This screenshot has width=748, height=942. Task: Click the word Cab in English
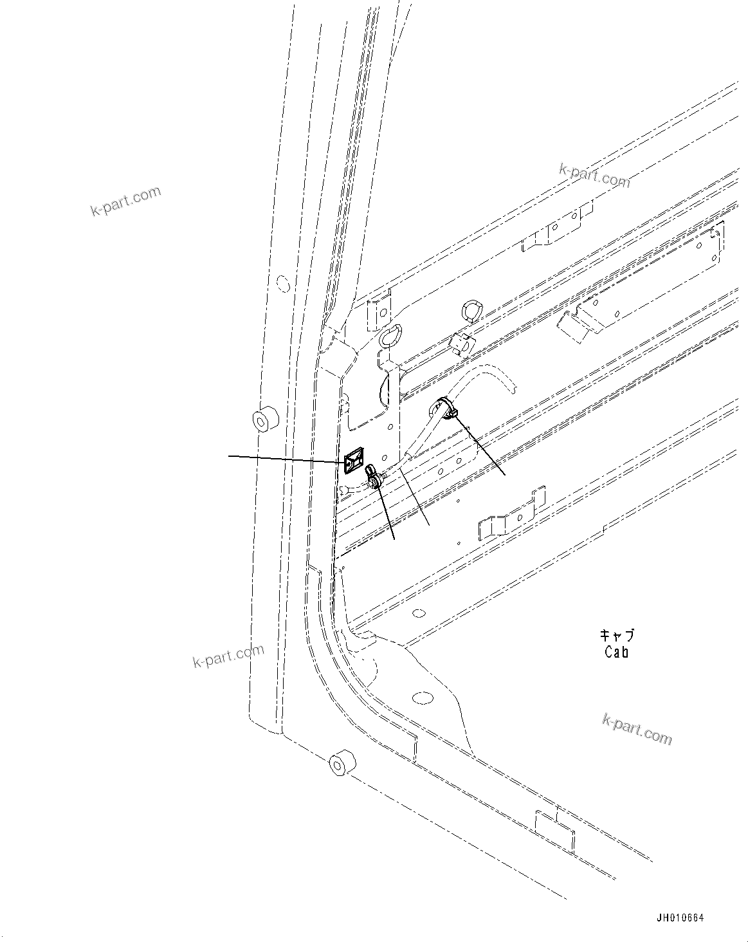click(616, 651)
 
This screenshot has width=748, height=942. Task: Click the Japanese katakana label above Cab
click(616, 635)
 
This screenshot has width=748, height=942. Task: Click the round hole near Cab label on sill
click(421, 699)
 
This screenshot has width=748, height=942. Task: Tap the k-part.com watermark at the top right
click(594, 175)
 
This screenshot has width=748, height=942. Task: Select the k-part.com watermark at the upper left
click(125, 201)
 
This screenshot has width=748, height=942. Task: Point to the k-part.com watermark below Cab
click(637, 729)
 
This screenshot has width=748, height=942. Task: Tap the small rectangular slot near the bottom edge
click(554, 829)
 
